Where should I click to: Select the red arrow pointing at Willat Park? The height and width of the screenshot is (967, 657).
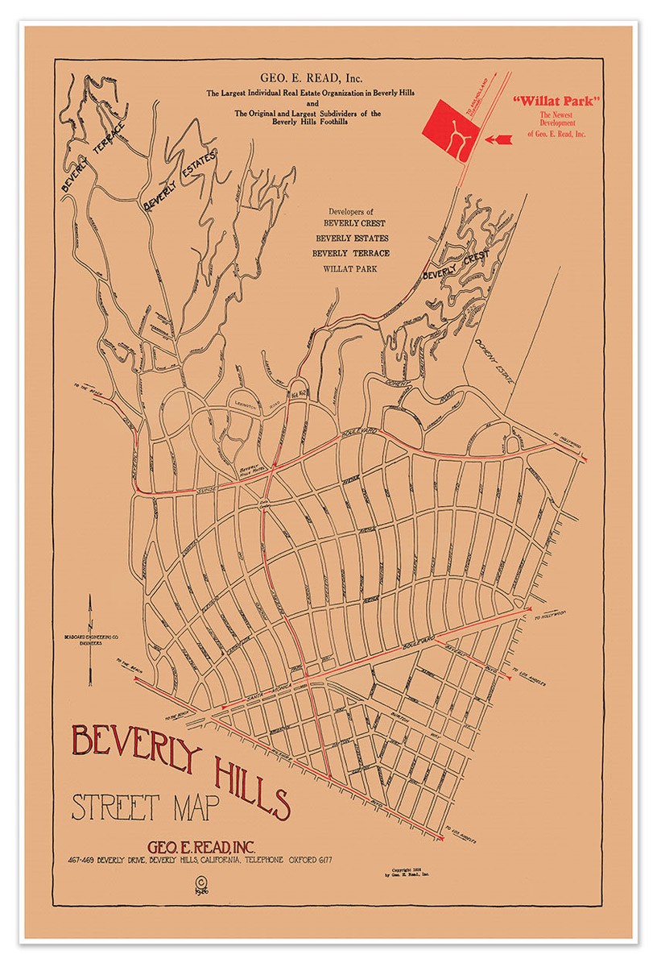(498, 139)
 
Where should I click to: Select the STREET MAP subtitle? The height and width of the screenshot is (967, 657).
(134, 807)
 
